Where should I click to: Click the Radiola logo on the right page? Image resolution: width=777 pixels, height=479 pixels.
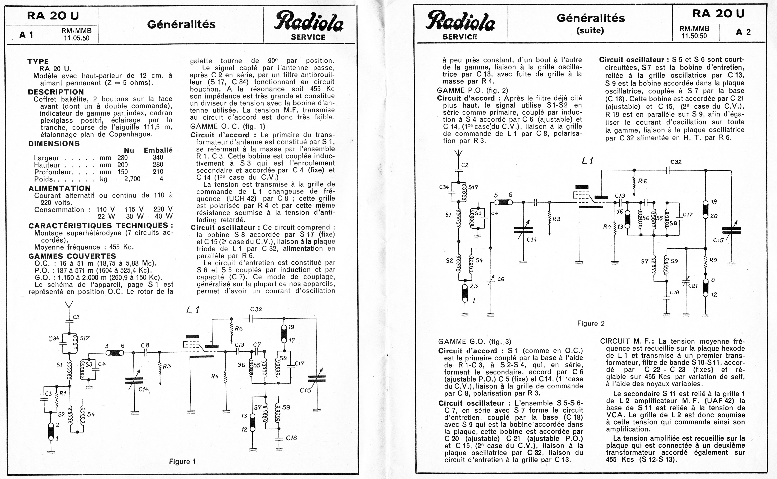pyautogui.click(x=460, y=21)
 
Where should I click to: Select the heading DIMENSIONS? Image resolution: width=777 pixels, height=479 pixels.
pyautogui.click(x=54, y=144)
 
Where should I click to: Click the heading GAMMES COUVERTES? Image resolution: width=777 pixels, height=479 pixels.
pyautogui.click(x=72, y=256)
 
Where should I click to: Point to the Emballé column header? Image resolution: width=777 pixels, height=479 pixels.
pyautogui.click(x=158, y=150)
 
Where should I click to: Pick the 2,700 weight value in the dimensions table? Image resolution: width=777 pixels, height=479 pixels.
pyautogui.click(x=132, y=179)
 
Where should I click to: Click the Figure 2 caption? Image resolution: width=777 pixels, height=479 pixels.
pyautogui.click(x=591, y=323)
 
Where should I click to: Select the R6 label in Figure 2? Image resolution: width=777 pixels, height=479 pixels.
pyautogui.click(x=642, y=181)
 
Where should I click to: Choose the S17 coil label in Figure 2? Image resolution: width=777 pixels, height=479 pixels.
pyautogui.click(x=473, y=187)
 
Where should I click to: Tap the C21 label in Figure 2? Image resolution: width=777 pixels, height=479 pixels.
pyautogui.click(x=693, y=285)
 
